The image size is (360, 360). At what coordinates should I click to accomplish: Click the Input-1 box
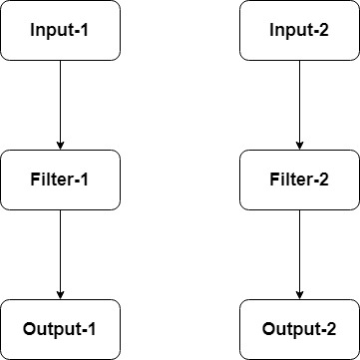pos(60,30)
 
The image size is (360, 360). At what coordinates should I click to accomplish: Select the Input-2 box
pos(299,30)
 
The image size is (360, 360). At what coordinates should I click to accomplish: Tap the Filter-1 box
pos(60,180)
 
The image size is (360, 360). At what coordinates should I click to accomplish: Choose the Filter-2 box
pos(299,180)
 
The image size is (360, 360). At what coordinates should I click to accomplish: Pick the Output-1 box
pos(60,329)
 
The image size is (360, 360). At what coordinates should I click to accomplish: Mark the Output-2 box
pos(299,329)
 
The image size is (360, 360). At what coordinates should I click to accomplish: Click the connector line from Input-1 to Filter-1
pos(60,100)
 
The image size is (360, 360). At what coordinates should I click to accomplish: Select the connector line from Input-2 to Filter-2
pos(299,100)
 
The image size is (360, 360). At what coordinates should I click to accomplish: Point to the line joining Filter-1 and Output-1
pos(60,249)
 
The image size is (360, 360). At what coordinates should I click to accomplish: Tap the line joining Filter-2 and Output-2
pos(299,249)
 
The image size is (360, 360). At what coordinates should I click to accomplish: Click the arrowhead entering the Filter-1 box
pos(60,145)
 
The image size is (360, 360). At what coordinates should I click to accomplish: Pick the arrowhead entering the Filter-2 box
pos(299,145)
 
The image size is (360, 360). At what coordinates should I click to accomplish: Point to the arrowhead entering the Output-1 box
pos(60,294)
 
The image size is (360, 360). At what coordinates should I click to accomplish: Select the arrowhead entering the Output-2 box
pos(299,294)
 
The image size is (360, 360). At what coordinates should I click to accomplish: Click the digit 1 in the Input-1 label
pos(85,30)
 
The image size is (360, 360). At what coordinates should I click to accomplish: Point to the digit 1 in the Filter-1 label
pos(86,180)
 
